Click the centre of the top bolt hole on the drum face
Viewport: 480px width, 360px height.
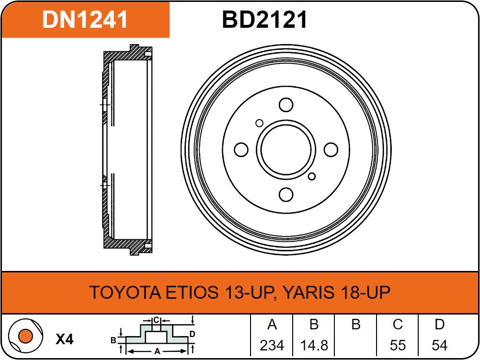286,105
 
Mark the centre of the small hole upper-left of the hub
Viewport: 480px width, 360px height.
259,123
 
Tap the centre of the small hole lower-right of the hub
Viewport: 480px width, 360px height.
312,176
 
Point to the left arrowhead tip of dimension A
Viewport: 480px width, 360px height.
127,351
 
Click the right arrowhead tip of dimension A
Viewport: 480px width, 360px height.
186,351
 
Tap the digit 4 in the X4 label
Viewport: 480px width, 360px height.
69,339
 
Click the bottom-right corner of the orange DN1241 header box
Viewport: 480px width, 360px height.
169,37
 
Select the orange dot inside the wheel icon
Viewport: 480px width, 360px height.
25,336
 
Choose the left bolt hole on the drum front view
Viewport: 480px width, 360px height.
241,149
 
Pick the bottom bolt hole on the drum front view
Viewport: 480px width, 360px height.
286,194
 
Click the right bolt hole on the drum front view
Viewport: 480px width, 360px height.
331,149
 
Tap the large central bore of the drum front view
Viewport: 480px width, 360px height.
286,150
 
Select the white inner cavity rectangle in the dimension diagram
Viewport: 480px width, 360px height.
156,337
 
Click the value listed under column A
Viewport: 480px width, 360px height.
272,345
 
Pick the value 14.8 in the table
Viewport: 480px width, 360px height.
314,345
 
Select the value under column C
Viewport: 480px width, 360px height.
398,345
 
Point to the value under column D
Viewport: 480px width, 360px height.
440,345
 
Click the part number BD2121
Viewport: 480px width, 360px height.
264,20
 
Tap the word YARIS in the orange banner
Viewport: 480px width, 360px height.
309,292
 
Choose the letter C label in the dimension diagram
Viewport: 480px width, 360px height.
156,320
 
